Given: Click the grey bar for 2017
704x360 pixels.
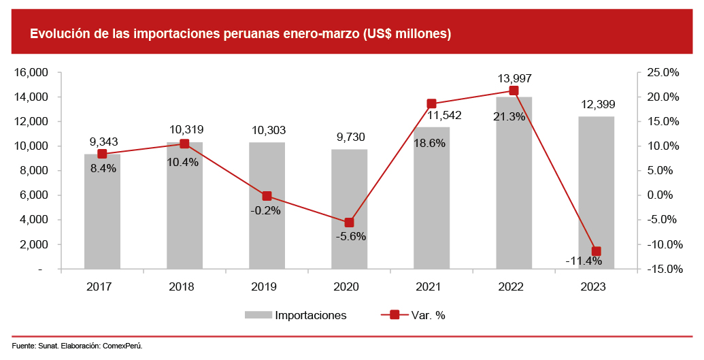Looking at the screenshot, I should pos(102,218).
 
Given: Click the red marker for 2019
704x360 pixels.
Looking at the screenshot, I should pos(267,196).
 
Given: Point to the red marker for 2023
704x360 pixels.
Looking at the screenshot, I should pos(597,251).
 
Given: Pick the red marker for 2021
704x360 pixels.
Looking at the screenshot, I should pos(431,104).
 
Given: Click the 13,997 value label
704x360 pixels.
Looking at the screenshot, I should pos(514,79).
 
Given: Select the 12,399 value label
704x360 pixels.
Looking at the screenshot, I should pos(597,104).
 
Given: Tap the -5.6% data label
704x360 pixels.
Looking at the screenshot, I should pos(350,237).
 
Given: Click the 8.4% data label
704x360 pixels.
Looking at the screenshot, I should pos(103,167).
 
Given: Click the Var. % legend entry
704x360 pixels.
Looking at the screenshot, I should pos(428,315).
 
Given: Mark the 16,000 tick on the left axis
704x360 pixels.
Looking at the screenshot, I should pos(30,73).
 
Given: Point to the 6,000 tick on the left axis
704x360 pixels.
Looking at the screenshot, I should pos(33,195).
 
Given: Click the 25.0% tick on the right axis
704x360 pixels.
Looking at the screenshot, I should pos(663,73).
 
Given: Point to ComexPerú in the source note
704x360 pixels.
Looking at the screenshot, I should pos(122,346).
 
